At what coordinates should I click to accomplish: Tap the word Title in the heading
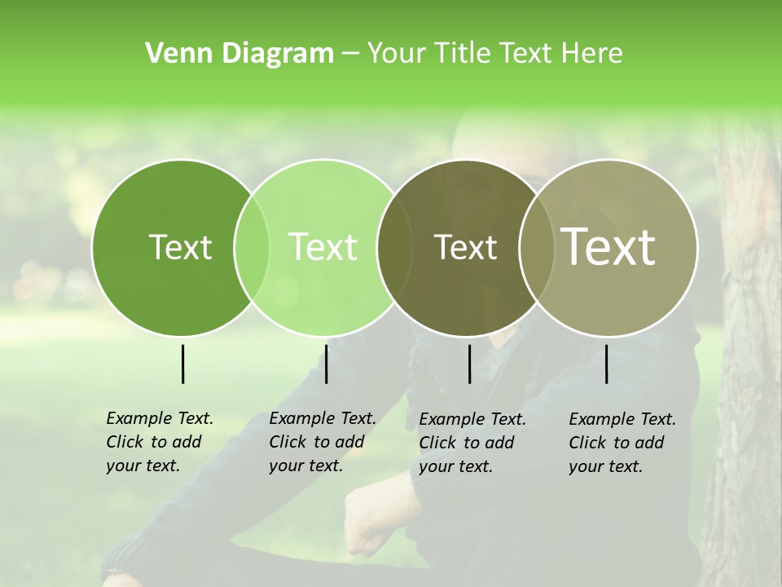[460, 54]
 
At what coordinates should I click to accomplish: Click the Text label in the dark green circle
[180, 247]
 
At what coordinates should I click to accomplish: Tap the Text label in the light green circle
[323, 247]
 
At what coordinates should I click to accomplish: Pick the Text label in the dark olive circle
[465, 247]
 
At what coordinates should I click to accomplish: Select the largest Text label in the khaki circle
[608, 247]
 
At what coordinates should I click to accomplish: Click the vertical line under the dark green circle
[182, 364]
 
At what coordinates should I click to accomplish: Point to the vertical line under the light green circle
[326, 364]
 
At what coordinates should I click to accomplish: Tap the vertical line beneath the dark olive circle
[469, 364]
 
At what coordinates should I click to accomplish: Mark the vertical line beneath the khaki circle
[606, 364]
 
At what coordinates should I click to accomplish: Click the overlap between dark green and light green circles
[252, 247]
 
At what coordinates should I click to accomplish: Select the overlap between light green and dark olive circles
[394, 247]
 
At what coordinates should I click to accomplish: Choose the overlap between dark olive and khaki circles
[537, 247]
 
